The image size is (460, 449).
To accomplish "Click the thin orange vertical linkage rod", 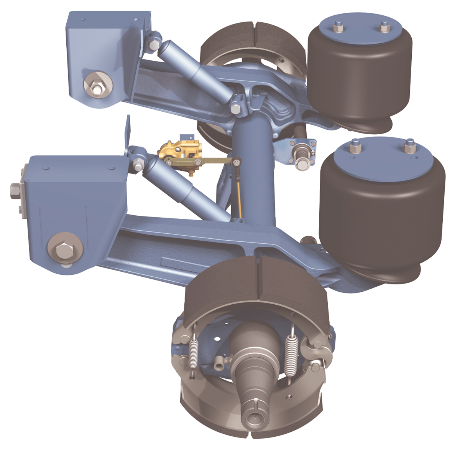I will coord(239,196).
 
